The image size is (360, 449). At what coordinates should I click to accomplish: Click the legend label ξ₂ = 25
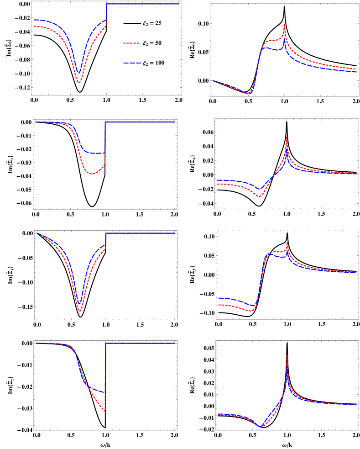[x=152, y=23]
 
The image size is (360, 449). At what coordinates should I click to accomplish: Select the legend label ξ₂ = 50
[x=152, y=43]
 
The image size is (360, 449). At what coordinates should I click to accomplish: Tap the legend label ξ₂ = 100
[x=154, y=63]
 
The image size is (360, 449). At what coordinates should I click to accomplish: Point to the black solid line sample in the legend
[x=132, y=23]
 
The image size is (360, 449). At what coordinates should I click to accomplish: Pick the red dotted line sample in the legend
[x=132, y=43]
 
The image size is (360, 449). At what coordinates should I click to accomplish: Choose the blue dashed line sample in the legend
[x=132, y=63]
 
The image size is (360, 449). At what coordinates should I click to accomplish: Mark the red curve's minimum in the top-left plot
[x=79, y=83]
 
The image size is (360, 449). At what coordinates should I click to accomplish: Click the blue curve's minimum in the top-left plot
[x=79, y=73]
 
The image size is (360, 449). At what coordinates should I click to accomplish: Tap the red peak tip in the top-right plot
[x=284, y=24]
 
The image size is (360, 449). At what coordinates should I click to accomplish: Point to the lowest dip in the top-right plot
[x=248, y=94]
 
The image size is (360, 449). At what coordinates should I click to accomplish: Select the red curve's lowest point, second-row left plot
[x=91, y=174]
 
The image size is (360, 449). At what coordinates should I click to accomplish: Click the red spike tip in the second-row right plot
[x=287, y=137]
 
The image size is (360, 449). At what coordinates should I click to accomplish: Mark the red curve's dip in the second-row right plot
[x=259, y=197]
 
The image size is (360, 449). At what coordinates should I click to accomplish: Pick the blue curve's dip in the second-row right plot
[x=259, y=189]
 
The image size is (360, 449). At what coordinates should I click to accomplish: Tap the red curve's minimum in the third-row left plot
[x=80, y=312]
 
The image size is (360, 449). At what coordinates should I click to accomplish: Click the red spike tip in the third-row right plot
[x=287, y=243]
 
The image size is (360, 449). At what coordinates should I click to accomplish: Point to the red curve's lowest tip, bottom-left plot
[x=105, y=412]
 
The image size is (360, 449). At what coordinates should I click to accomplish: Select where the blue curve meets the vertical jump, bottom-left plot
[x=105, y=392]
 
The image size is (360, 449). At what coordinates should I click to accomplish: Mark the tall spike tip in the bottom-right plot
[x=287, y=354]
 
